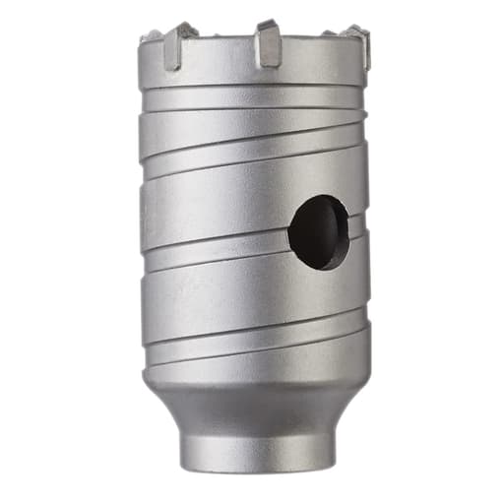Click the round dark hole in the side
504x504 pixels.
click(x=318, y=231)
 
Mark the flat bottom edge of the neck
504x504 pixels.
click(x=259, y=469)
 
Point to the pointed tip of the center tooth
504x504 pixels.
click(x=264, y=22)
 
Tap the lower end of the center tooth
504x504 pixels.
click(x=269, y=63)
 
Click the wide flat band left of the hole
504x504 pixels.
click(x=212, y=212)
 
